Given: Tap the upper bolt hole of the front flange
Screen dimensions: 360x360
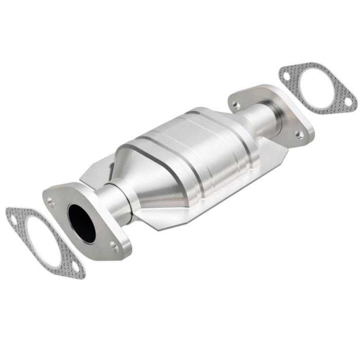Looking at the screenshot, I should click(x=51, y=202).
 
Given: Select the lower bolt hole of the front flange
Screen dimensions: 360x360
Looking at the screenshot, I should click(x=114, y=248).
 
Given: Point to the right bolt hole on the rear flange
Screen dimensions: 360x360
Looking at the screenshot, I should click(x=299, y=134).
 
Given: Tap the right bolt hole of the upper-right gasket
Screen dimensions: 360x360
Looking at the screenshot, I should click(x=348, y=102).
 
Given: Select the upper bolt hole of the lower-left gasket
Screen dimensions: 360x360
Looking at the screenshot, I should click(x=13, y=220).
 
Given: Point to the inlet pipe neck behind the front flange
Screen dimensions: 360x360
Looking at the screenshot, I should click(x=111, y=199).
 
